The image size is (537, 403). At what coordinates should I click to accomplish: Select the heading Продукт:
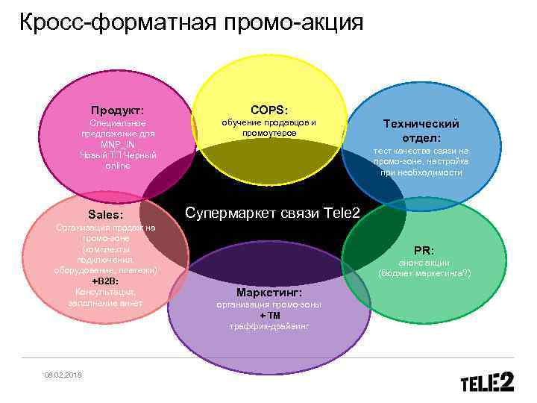click(x=117, y=109)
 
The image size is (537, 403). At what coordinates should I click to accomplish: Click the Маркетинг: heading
click(x=268, y=292)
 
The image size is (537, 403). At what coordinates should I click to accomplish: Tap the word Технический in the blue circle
click(x=421, y=124)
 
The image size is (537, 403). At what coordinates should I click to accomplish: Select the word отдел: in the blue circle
click(x=421, y=138)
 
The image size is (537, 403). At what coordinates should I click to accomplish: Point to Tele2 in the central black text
click(x=342, y=213)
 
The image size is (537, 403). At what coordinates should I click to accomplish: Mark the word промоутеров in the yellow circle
click(x=269, y=133)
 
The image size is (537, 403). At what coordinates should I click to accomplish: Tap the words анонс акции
click(x=424, y=263)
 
